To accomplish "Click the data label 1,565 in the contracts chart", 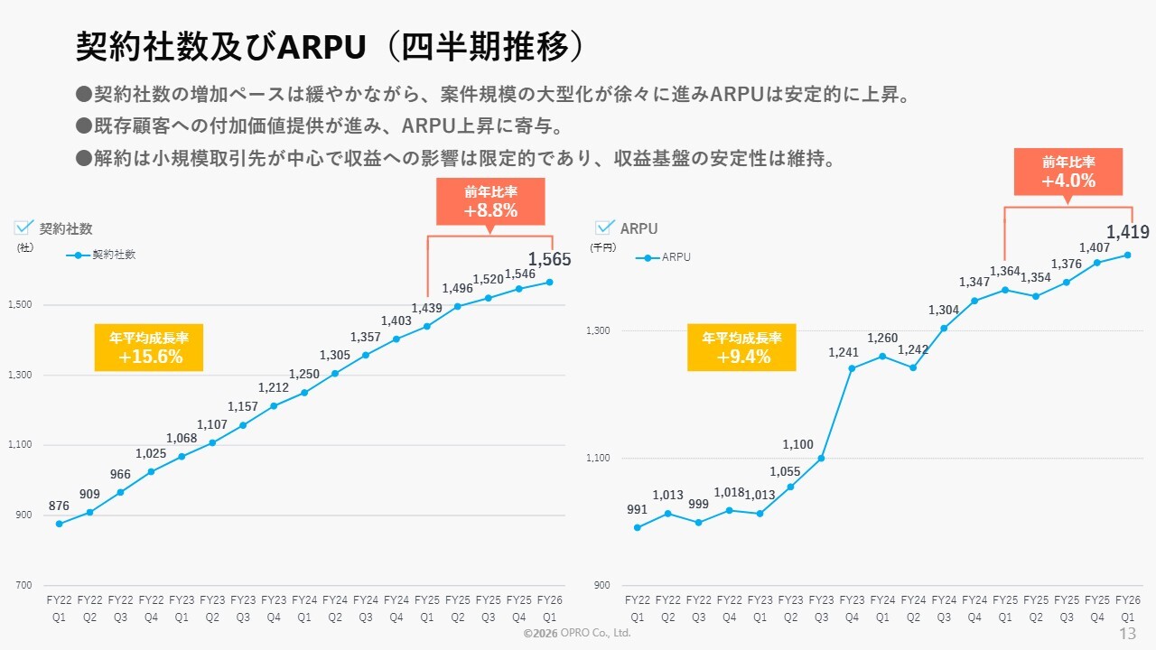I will [x=549, y=260].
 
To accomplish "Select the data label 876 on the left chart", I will [x=59, y=506].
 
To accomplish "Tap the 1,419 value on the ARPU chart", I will [x=1127, y=233].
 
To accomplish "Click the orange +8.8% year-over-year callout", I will [x=490, y=201].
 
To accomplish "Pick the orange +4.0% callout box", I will [x=1068, y=172].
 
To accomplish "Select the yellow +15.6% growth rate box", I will [x=149, y=348].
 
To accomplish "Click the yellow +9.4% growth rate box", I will [x=742, y=348].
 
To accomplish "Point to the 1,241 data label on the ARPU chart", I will [x=844, y=352].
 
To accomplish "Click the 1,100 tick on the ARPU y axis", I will [x=599, y=458].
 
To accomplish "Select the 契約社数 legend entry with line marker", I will [x=101, y=255].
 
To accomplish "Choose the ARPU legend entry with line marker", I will [x=664, y=257].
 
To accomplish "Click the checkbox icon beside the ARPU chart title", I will [x=605, y=227].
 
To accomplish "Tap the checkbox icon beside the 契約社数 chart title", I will [x=24, y=227].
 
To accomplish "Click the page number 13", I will [x=1127, y=633].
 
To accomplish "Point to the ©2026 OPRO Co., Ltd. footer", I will [x=577, y=634].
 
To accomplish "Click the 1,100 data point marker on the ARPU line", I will [x=821, y=459].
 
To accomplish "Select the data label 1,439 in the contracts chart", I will [x=426, y=309].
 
